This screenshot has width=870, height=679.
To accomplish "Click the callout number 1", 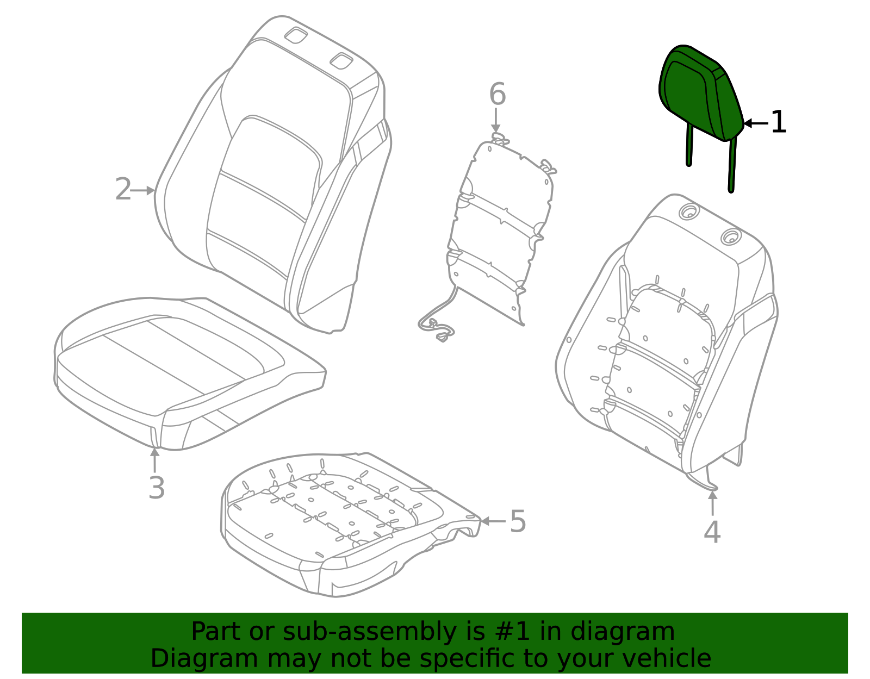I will coord(779,122).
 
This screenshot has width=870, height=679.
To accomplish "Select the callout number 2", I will coord(123,190).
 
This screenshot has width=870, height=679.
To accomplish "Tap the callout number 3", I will coord(157,488).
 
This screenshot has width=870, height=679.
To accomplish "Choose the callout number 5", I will coord(518,521).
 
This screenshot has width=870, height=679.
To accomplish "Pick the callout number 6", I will coord(498,95).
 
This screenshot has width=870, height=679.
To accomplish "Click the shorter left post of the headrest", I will coord(690,145).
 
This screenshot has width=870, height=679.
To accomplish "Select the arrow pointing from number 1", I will coord(755,123).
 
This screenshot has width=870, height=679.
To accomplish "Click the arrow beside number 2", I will coord(144,190).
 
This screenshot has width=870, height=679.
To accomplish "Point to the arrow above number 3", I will coord(155,459).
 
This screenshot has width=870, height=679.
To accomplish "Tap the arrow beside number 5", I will coord(493,521).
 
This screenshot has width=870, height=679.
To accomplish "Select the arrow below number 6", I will coord(496,120).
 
